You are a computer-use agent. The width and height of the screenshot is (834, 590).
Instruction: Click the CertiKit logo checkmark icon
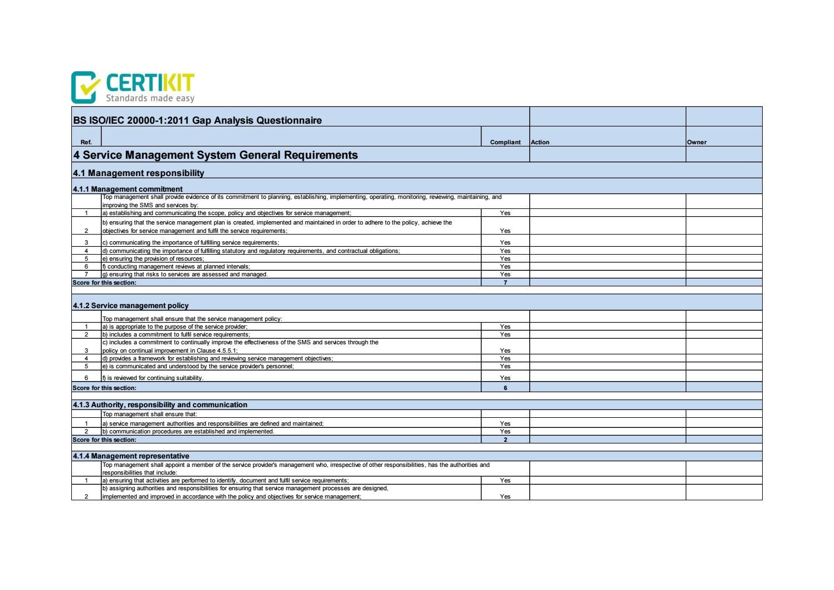point(85,87)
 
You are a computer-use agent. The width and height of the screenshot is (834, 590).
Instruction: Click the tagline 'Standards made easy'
point(150,99)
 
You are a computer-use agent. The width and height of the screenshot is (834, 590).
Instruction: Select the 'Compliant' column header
point(505,142)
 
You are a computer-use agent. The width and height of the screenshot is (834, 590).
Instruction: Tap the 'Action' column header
point(540,142)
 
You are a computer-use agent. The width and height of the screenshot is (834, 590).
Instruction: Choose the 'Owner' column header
point(696,142)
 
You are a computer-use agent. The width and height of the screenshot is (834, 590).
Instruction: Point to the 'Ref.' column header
point(86,142)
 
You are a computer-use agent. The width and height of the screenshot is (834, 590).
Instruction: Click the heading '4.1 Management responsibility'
point(139,173)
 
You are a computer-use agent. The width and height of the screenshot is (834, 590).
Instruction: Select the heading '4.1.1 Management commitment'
point(128,189)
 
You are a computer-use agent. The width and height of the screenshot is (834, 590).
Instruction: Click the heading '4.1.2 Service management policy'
point(130,305)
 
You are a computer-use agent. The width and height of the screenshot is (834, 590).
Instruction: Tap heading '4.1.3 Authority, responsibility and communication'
point(160,404)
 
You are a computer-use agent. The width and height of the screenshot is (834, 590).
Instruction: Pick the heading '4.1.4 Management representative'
point(131,456)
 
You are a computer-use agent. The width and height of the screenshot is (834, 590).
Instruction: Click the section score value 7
point(505,282)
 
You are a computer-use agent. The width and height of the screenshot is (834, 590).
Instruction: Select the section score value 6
point(505,388)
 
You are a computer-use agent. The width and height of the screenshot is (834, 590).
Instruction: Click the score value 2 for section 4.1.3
point(505,440)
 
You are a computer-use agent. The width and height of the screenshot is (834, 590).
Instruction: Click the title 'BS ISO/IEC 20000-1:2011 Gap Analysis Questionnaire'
point(197,120)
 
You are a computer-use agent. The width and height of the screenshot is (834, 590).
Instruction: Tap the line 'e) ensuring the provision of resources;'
point(153,259)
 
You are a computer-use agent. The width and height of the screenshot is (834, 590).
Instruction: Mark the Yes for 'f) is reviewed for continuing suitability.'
point(505,378)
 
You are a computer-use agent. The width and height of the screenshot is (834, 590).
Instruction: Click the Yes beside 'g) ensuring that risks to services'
point(505,274)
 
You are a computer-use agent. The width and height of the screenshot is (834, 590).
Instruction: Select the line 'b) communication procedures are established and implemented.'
point(188,431)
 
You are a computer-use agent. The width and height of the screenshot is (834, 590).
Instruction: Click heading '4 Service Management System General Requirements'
point(215,155)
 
